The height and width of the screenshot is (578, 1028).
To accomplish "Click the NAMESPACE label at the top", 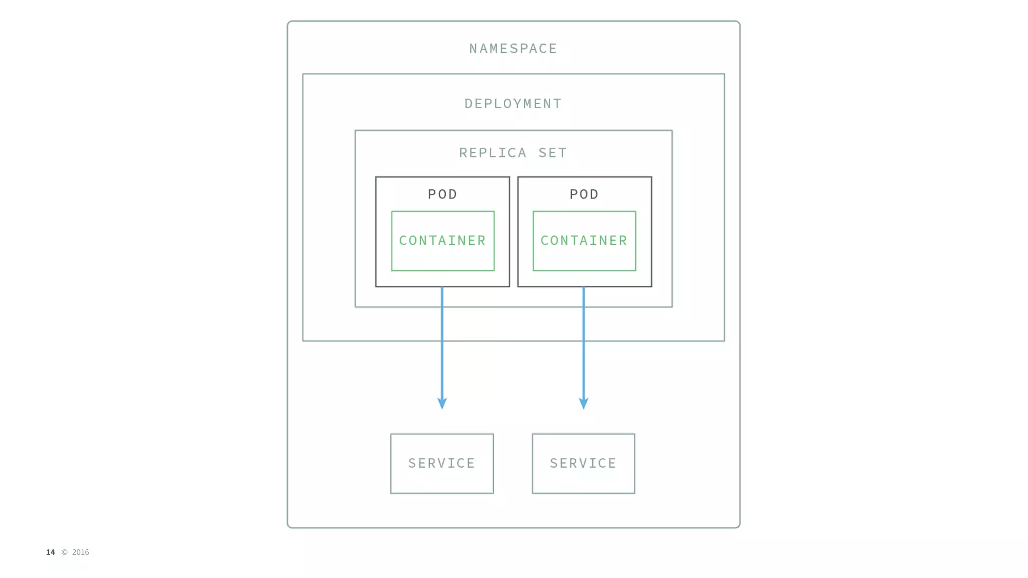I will (513, 49).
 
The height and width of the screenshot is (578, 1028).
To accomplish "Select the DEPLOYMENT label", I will (513, 104).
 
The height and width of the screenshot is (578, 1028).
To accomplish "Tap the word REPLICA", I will (492, 153).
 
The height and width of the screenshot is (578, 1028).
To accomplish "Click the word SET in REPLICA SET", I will (553, 153).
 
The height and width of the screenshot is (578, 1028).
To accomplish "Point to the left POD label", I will (442, 194).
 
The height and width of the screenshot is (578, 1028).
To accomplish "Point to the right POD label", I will (584, 194).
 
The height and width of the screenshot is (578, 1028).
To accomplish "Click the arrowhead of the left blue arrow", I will (442, 404).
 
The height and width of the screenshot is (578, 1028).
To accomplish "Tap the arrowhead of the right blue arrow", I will (583, 404).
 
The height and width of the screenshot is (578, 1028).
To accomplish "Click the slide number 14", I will (50, 552).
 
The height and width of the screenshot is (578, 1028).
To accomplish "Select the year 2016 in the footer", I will (80, 552).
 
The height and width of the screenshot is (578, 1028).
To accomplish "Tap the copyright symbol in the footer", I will (64, 552).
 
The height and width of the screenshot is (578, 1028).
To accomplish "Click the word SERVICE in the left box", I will (442, 463).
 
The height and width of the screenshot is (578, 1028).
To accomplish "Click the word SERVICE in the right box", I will (583, 463).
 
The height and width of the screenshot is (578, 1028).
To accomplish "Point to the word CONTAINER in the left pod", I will (443, 241).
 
